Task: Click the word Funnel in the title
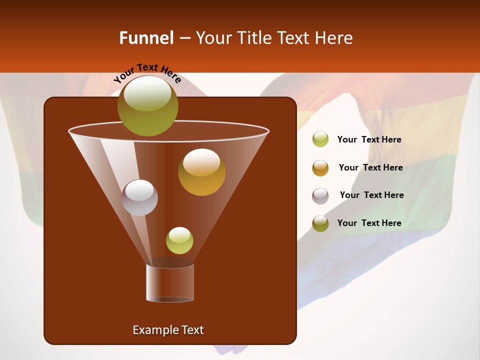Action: click(x=146, y=38)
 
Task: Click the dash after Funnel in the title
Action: click(x=184, y=38)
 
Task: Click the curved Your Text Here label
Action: click(x=147, y=73)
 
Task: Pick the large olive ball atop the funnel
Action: click(x=147, y=106)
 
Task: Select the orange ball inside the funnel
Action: click(x=201, y=172)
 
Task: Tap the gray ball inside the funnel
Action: click(x=139, y=197)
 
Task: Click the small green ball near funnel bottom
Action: click(x=179, y=240)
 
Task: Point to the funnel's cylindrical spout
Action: click(x=170, y=282)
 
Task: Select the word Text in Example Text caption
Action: click(x=190, y=330)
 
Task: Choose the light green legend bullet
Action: click(x=320, y=139)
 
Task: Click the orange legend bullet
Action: click(x=320, y=168)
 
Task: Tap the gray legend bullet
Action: click(x=320, y=196)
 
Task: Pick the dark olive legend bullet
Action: click(x=320, y=223)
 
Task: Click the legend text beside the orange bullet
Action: click(x=370, y=167)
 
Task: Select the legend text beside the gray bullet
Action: click(x=371, y=195)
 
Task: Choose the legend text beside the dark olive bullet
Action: click(x=369, y=223)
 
